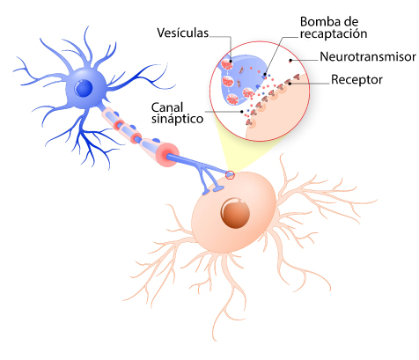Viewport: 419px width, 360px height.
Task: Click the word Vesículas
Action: click(183, 33)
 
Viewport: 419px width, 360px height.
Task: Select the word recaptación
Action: click(334, 33)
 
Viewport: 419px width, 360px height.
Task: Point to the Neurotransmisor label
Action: click(368, 56)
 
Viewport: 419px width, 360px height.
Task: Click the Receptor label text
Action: click(357, 79)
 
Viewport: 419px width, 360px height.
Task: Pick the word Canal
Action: click(167, 107)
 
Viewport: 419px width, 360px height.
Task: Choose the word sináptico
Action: click(177, 119)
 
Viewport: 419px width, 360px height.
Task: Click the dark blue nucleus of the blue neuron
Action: click(84, 87)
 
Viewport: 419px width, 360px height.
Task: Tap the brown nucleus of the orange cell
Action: click(235, 213)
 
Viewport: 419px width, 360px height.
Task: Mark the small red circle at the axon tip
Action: click(230, 175)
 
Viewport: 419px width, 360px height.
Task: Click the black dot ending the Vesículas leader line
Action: click(232, 62)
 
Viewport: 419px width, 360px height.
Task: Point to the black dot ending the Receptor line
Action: click(290, 84)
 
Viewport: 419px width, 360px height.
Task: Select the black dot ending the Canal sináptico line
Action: click(241, 112)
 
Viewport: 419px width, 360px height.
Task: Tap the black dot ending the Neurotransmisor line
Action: click(290, 61)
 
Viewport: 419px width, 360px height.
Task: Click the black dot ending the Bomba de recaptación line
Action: click(265, 75)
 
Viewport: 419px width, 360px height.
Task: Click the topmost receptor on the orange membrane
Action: click(297, 77)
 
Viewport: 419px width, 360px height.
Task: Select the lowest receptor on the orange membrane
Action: click(249, 122)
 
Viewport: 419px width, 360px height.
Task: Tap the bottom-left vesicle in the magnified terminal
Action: click(233, 99)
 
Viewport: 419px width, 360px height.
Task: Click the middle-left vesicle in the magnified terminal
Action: click(228, 81)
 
